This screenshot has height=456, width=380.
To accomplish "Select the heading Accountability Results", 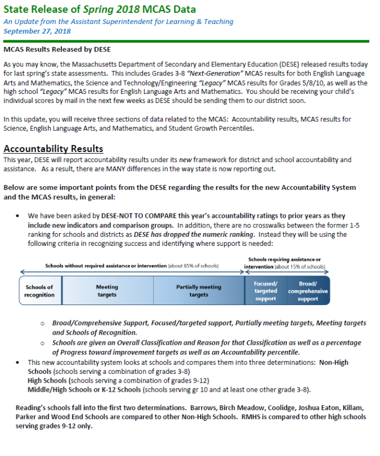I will pyautogui.click(x=53, y=149).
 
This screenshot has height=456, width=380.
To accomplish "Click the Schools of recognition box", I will pyautogui.click(x=40, y=291).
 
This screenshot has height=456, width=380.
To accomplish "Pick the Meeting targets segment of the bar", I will pyautogui.click(x=107, y=291).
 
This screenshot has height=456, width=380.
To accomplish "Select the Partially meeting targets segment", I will pyautogui.click(x=198, y=291).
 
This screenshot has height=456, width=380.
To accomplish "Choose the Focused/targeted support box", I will pyautogui.click(x=265, y=291).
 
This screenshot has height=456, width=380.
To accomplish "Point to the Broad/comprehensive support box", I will pyautogui.click(x=308, y=291).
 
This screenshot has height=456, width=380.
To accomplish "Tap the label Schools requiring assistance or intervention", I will pyautogui.click(x=284, y=263).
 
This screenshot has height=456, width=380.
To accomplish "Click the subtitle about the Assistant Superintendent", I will pyautogui.click(x=118, y=21).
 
